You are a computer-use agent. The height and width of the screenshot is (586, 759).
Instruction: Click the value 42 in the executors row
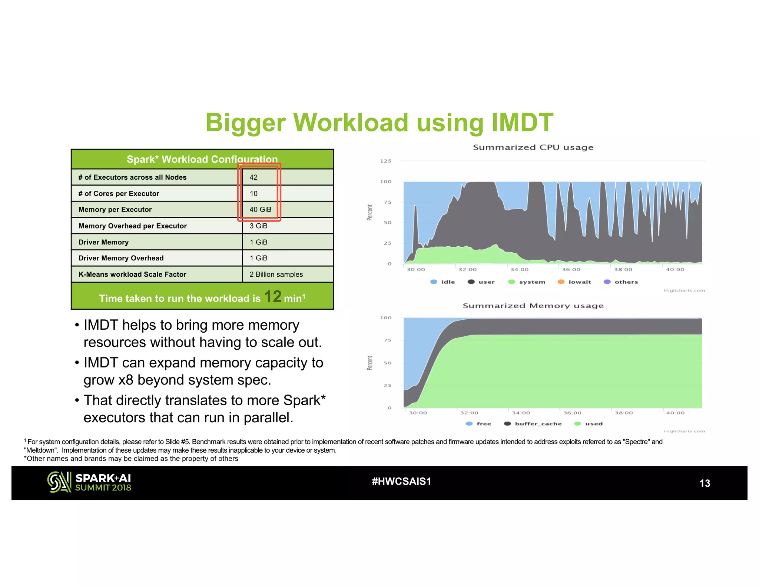pyautogui.click(x=253, y=177)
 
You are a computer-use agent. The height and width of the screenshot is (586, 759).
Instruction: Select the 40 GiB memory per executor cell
pyautogui.click(x=260, y=210)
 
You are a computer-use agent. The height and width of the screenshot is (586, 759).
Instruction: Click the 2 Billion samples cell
pyautogui.click(x=276, y=274)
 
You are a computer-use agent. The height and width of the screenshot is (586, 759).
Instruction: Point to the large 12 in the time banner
pyautogui.click(x=272, y=297)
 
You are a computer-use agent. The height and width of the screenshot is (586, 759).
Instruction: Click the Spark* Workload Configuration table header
pyautogui.click(x=202, y=159)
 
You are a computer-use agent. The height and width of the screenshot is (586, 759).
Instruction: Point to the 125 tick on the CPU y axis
pyautogui.click(x=385, y=161)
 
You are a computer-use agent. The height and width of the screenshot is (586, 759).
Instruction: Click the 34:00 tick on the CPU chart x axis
pyautogui.click(x=519, y=270)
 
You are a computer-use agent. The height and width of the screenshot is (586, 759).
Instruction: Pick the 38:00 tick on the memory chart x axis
pyautogui.click(x=624, y=413)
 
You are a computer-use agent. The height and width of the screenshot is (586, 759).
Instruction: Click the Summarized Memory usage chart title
pyautogui.click(x=533, y=306)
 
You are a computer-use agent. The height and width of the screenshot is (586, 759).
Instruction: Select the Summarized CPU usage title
pyautogui.click(x=533, y=147)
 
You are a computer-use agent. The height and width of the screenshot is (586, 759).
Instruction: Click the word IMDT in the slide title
pyautogui.click(x=522, y=123)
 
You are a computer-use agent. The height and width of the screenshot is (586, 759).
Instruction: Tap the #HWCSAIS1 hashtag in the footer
pyautogui.click(x=401, y=482)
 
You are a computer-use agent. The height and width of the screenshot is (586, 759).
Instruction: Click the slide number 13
pyautogui.click(x=704, y=483)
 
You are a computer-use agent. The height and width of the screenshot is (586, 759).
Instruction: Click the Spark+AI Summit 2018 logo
pyautogui.click(x=89, y=482)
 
